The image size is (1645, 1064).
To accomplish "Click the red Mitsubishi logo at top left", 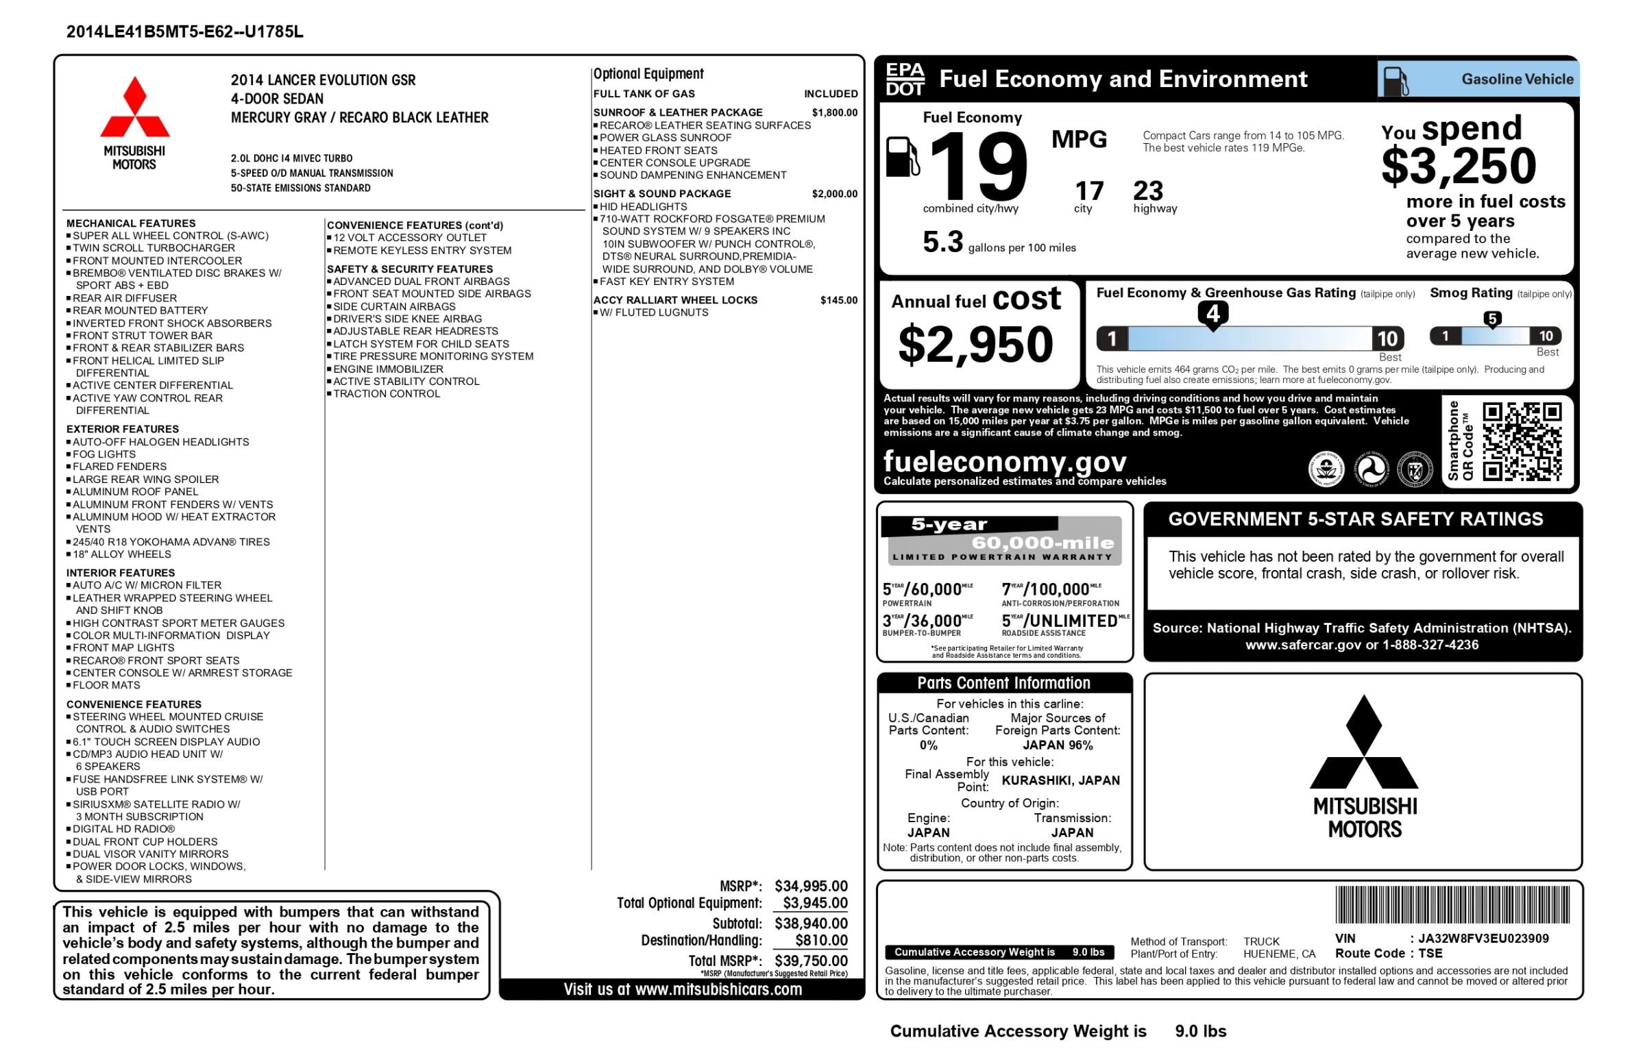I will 135,108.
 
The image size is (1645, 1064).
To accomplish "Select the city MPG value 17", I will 1088,190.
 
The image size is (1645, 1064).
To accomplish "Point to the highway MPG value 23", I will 1148,190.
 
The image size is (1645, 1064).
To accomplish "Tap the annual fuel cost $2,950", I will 975,344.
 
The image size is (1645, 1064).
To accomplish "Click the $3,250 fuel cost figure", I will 1459,166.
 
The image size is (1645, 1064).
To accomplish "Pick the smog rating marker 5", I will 1492,319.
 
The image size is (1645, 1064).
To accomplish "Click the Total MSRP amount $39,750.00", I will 811,961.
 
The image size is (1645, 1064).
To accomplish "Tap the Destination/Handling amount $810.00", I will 821,940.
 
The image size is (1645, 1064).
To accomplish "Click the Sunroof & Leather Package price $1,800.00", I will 834,112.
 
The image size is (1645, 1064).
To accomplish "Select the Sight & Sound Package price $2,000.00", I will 834,194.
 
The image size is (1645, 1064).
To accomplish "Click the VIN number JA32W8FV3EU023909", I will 1483,938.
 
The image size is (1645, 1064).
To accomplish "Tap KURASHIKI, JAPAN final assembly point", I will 1060,781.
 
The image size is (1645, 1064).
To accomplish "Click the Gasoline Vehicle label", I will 1516,79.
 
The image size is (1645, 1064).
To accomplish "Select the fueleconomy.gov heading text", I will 1004,461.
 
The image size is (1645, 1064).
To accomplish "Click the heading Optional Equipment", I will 648,74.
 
